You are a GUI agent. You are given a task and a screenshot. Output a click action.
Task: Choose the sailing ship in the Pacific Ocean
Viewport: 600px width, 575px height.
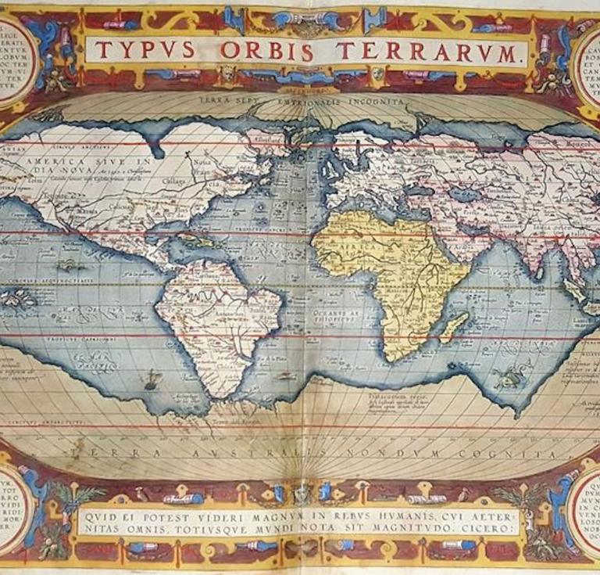152,380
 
